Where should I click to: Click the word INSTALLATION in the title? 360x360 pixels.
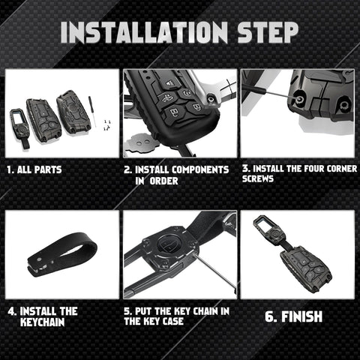click(144, 32)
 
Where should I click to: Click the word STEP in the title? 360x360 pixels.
click(268, 32)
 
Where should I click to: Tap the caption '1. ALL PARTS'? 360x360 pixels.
click(34, 169)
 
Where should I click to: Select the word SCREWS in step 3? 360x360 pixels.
click(258, 179)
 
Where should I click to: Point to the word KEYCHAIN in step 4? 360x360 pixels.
click(43, 322)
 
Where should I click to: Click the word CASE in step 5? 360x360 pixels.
click(173, 322)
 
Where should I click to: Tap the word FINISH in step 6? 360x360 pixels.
click(302, 316)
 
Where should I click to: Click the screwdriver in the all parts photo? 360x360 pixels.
click(92, 111)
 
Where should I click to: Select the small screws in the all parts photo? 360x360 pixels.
click(107, 124)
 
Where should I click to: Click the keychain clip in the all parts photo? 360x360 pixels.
click(20, 127)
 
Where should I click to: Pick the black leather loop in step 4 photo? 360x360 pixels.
click(62, 253)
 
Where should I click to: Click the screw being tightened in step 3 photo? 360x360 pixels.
click(298, 99)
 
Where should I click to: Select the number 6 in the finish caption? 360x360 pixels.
click(270, 316)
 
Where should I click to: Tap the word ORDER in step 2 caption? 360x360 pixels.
click(163, 181)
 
